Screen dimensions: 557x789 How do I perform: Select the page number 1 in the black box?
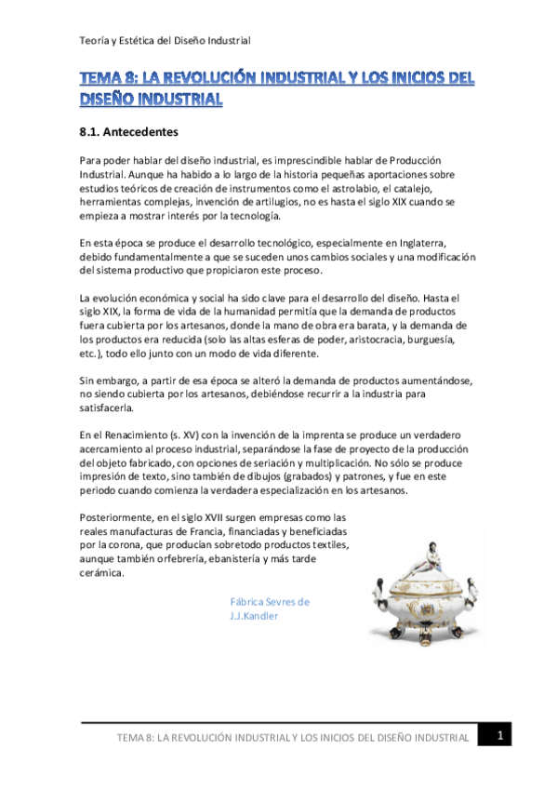click(x=500, y=736)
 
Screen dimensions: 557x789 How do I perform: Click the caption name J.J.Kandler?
click(x=254, y=616)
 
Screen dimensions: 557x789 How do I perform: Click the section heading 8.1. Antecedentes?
click(x=128, y=132)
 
